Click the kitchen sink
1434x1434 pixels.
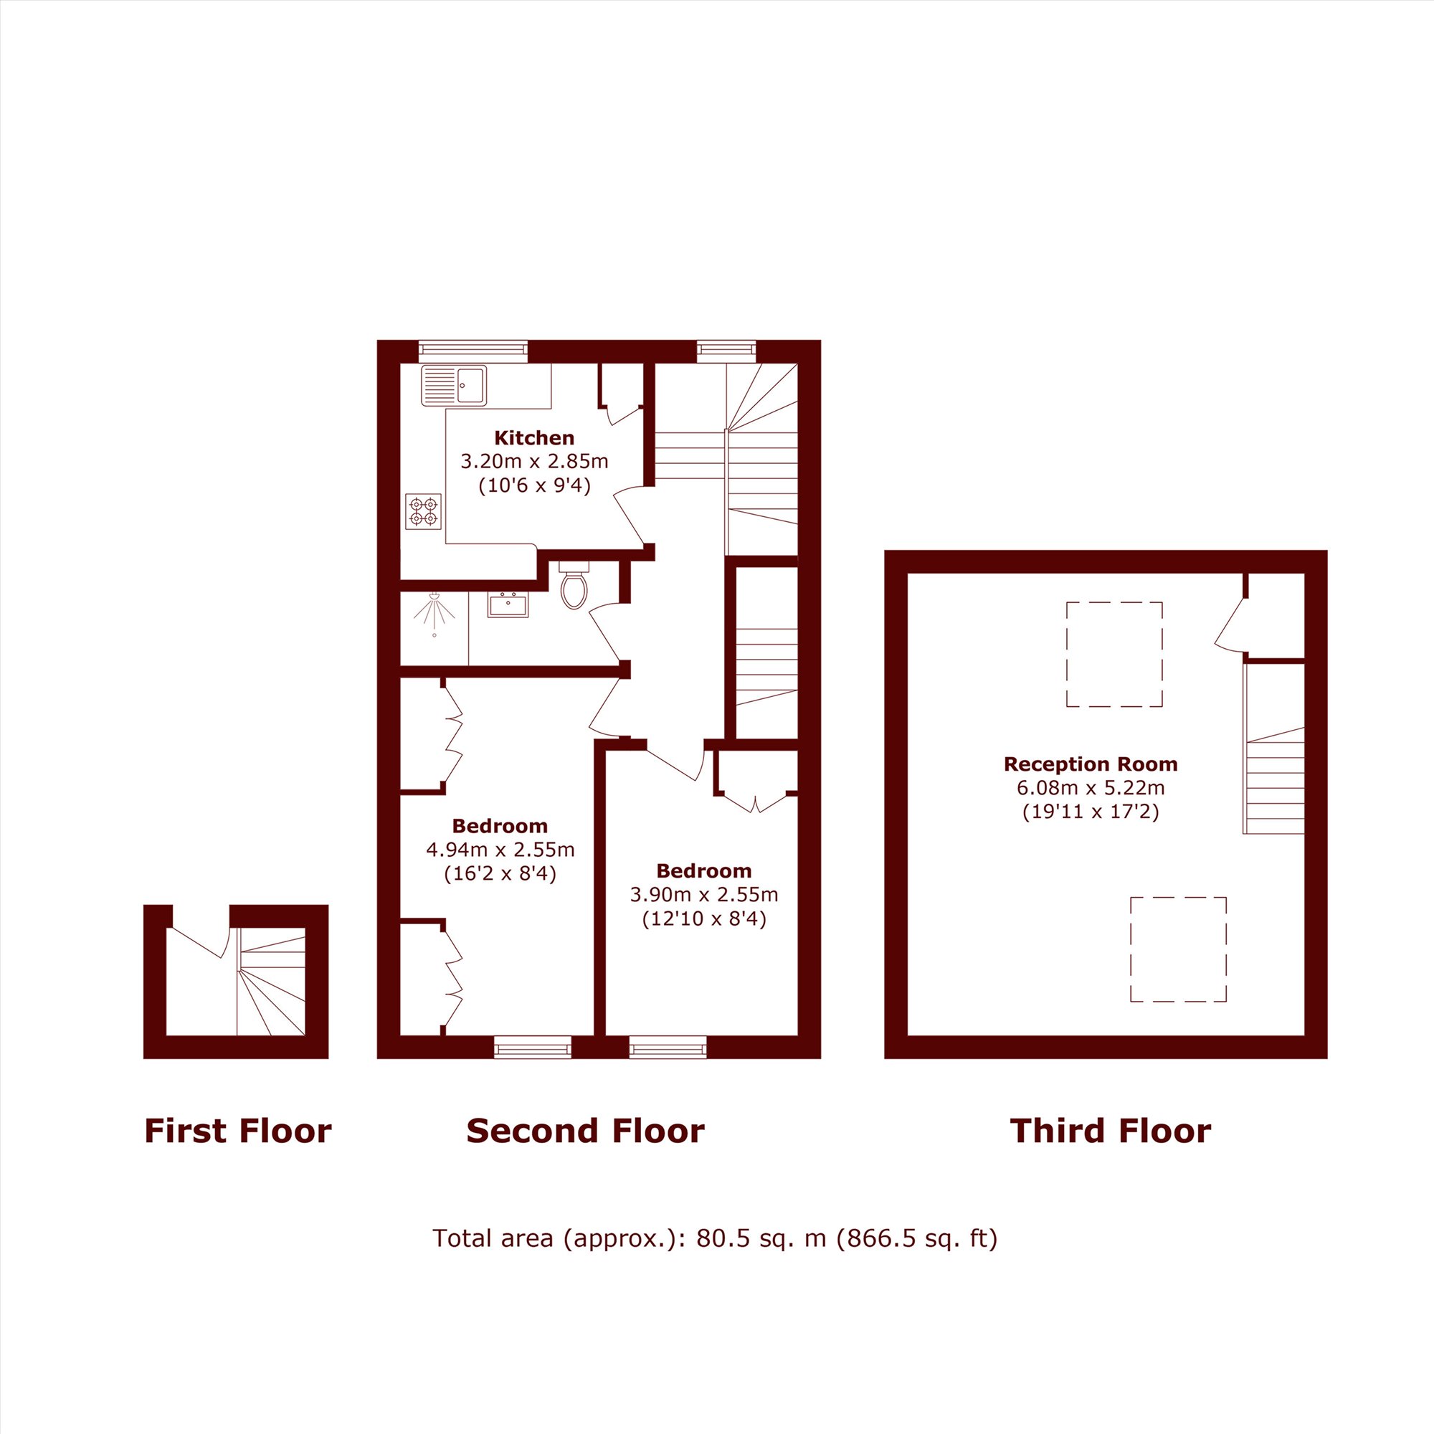click(x=454, y=386)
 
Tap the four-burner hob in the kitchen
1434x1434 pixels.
click(x=424, y=511)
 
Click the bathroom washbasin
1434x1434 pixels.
click(x=508, y=604)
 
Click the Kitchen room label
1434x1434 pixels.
click(x=534, y=438)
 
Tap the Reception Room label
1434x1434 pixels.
click(x=1091, y=764)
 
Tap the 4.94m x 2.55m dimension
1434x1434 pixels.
click(x=500, y=849)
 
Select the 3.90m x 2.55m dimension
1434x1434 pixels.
click(x=704, y=894)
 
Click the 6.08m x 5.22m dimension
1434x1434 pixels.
click(x=1091, y=788)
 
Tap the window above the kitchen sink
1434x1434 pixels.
click(x=473, y=351)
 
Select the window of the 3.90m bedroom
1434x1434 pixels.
click(x=668, y=1048)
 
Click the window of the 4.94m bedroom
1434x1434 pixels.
click(x=533, y=1048)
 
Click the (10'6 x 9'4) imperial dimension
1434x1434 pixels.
click(x=534, y=486)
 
